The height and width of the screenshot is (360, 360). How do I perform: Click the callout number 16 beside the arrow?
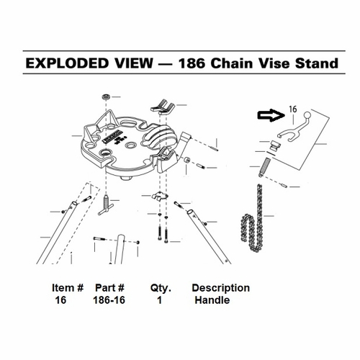(292, 109)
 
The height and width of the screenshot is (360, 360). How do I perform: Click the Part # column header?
(112, 288)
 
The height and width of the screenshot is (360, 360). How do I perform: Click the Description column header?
(220, 288)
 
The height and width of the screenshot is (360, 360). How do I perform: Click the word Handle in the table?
(212, 300)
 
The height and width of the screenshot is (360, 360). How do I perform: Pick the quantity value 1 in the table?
(158, 300)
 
